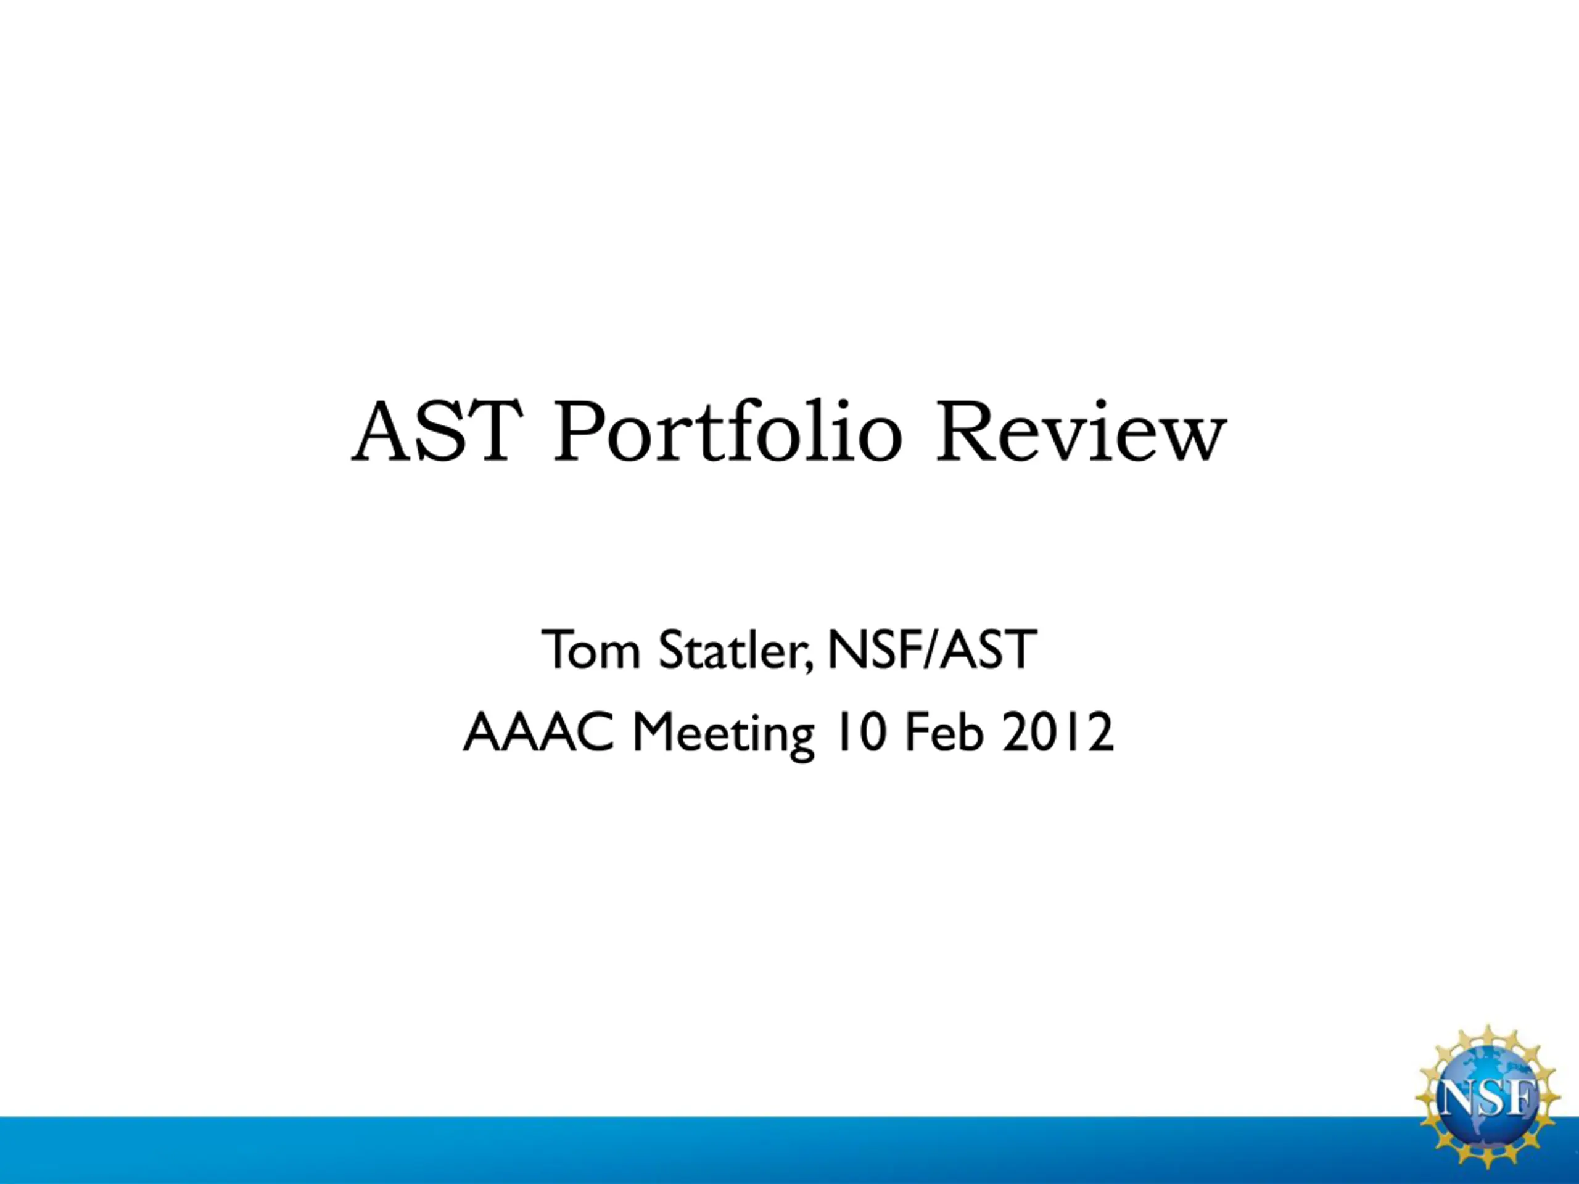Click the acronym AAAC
point(538,733)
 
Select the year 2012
point(1056,733)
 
